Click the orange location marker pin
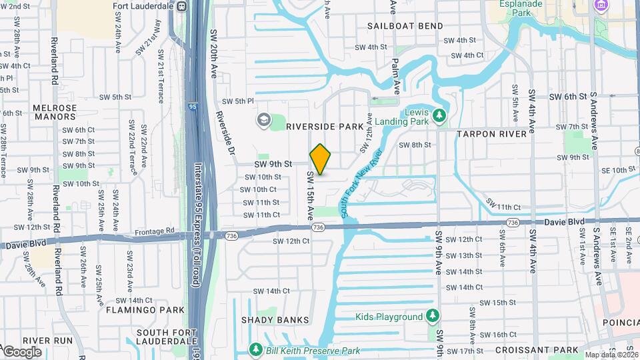pos(320,159)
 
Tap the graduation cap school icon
pos(264,120)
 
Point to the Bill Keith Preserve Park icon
pos(255,349)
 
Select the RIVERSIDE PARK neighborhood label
pos(325,126)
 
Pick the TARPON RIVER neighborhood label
pos(492,134)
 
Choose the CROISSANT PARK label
pos(537,349)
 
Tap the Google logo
pos(22,352)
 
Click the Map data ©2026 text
pos(611,355)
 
